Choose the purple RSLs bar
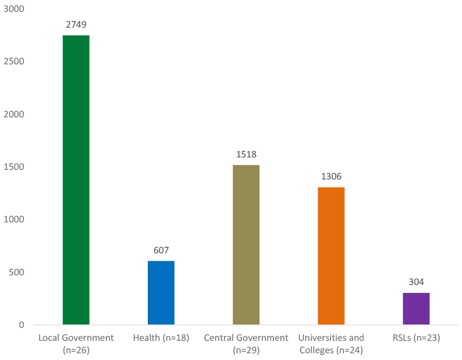point(416,309)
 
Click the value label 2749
point(76,25)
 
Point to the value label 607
point(161,251)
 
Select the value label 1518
point(246,155)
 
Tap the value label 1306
point(331,177)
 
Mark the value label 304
point(416,282)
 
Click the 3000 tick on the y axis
point(13,9)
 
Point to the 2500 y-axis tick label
point(13,62)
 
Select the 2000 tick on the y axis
point(13,114)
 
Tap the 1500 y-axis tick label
point(13,167)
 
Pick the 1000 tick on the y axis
point(13,219)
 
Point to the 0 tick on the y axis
point(21,325)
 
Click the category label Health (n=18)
point(161,338)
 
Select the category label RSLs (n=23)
point(416,338)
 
